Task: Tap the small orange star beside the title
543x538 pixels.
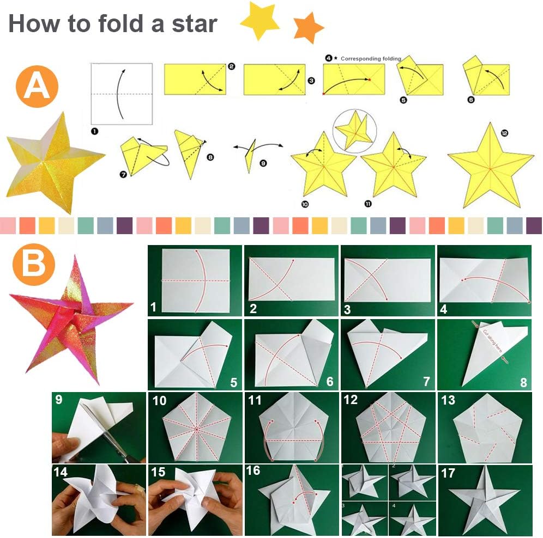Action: (308, 28)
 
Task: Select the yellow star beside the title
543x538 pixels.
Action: (260, 20)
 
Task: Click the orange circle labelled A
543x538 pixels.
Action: (37, 86)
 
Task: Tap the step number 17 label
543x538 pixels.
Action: (448, 473)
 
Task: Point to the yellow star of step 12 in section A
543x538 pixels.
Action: (490, 164)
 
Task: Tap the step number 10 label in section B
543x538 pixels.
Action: (159, 401)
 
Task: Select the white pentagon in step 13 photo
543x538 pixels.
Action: (484, 429)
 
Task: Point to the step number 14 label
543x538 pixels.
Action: (61, 473)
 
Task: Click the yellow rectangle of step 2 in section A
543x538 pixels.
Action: (195, 80)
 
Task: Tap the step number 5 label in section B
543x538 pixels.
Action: (233, 382)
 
